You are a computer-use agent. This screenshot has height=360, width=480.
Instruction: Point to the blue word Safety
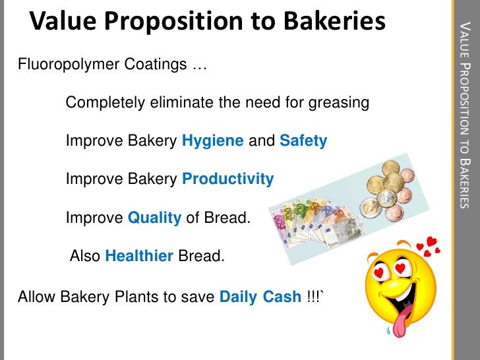point(303,142)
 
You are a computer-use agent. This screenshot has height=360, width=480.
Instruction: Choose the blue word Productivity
point(227,179)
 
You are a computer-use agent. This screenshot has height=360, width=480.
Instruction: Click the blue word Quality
point(154,217)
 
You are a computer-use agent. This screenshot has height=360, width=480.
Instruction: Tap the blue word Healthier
point(139,255)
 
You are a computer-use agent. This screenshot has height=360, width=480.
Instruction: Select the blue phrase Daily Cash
point(260,297)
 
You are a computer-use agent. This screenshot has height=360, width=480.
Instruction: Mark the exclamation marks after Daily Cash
point(313,297)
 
